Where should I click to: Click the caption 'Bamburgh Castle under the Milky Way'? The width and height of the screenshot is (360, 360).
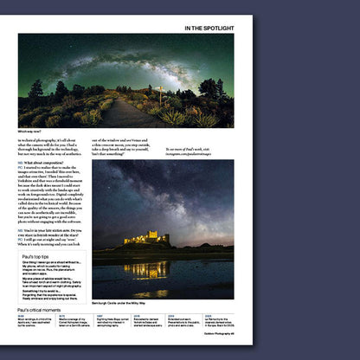[x=121, y=303]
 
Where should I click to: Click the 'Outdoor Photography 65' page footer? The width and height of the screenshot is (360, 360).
[x=213, y=335]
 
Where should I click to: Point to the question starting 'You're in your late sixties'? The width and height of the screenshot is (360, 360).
[x=51, y=230]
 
